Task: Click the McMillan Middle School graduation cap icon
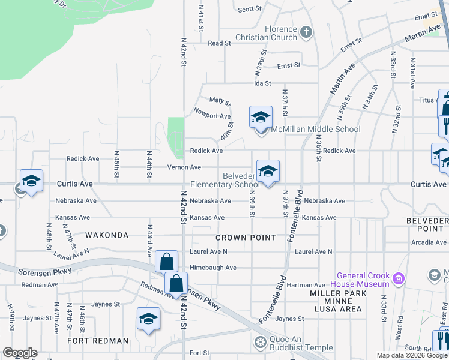pyautogui.click(x=261, y=118)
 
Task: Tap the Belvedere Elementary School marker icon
pyautogui.click(x=268, y=172)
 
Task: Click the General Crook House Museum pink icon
pyautogui.click(x=397, y=278)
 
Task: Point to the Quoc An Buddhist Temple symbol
pyautogui.click(x=260, y=343)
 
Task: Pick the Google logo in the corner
pyautogui.click(x=20, y=353)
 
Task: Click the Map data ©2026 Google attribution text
pyautogui.click(x=412, y=355)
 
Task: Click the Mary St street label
pyautogui.click(x=220, y=101)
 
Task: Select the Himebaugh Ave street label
pyautogui.click(x=213, y=268)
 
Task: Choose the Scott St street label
pyautogui.click(x=250, y=9)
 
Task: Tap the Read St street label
pyautogui.click(x=219, y=43)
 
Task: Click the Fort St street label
pyautogui.click(x=199, y=353)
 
